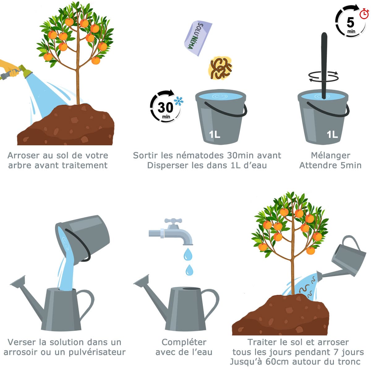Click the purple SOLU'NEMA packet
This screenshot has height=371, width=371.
[x=198, y=38]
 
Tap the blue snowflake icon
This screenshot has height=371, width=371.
[x=178, y=101]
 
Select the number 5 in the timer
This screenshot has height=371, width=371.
[x=350, y=22]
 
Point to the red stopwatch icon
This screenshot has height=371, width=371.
[x=364, y=14]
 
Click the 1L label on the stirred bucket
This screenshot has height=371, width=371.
[x=332, y=134]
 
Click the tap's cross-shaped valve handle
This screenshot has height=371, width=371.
[x=173, y=221]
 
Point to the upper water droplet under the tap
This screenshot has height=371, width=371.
[x=188, y=254]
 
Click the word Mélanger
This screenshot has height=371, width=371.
[x=330, y=155]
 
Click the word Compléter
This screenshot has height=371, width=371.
[x=184, y=342]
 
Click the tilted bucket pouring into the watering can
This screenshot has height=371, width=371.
[x=83, y=239]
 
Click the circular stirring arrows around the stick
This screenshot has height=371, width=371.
[x=323, y=76]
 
